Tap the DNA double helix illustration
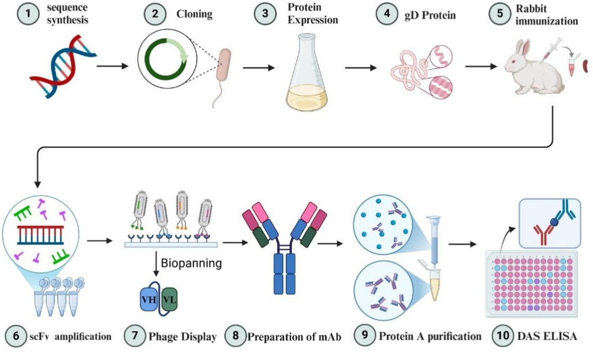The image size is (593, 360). (x=63, y=67)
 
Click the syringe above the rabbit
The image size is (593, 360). (x=551, y=48)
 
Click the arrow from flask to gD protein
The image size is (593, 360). (x=362, y=68)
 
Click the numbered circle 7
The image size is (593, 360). (x=134, y=337)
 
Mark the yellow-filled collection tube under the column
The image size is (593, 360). (x=435, y=288)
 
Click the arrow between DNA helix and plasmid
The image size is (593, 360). (x=113, y=67)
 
